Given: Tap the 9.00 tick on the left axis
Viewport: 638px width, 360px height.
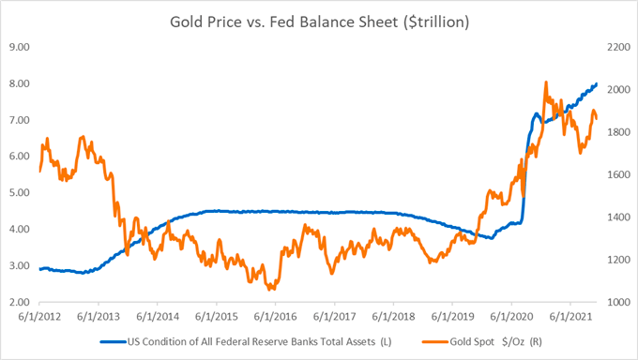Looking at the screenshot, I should pyautogui.click(x=20, y=47).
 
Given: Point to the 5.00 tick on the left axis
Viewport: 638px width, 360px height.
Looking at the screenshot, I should pyautogui.click(x=20, y=193).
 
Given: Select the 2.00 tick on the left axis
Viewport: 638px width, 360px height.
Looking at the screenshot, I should pyautogui.click(x=20, y=303).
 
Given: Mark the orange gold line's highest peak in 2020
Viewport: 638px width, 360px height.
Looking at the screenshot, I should pyautogui.click(x=546, y=82).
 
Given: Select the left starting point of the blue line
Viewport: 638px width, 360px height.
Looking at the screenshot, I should pyautogui.click(x=39, y=269).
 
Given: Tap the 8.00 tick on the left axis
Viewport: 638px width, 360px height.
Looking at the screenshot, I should pyautogui.click(x=20, y=83).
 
